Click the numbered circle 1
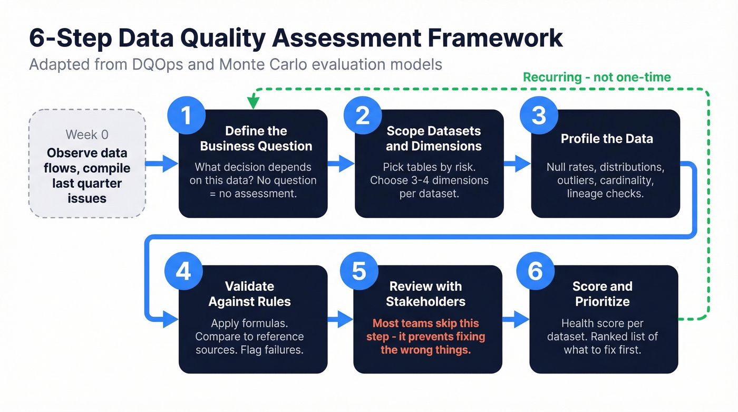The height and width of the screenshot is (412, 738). [186, 116]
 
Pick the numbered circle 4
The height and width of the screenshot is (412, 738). [183, 271]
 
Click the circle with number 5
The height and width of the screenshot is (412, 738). [359, 271]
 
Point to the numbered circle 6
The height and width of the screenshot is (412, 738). [535, 271]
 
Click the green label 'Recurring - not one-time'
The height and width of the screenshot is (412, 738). [597, 78]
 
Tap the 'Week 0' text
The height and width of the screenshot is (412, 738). [87, 135]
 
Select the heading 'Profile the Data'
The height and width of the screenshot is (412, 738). [607, 139]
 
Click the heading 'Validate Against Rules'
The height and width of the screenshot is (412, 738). [250, 294]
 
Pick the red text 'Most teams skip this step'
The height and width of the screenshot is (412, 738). [425, 330]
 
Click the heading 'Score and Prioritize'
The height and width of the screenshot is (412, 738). [602, 294]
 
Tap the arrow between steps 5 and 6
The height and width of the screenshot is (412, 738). [516, 319]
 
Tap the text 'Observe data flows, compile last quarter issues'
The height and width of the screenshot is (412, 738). [87, 176]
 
